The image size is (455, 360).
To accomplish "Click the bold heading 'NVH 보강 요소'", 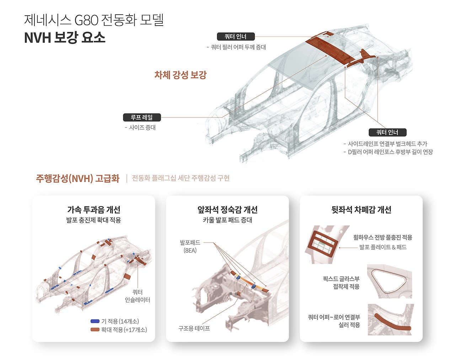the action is pos(65,38).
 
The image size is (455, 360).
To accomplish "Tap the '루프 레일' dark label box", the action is pos(142,117).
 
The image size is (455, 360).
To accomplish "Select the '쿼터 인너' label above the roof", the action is pos(236,37).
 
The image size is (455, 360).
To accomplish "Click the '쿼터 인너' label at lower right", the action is pos(387,132).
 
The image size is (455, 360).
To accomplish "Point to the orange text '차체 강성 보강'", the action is pos(180,75).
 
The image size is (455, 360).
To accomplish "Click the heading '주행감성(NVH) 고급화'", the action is pos(78,178).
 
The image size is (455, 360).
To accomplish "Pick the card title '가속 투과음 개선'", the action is pos(93,210).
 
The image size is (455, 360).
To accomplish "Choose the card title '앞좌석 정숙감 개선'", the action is pos(227,210).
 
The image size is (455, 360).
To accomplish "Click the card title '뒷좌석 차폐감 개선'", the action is pos(361,210).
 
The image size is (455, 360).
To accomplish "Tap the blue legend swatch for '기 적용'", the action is pos(95,321).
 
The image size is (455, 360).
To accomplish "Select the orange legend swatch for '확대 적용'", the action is pos(95,329).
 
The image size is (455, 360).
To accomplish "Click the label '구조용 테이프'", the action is pos(194,328).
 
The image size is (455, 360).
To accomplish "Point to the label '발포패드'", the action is pos(190,243).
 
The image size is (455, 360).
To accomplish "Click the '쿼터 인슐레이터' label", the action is pos(138,296).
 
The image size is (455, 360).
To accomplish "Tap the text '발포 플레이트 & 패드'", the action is pos(383,247).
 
